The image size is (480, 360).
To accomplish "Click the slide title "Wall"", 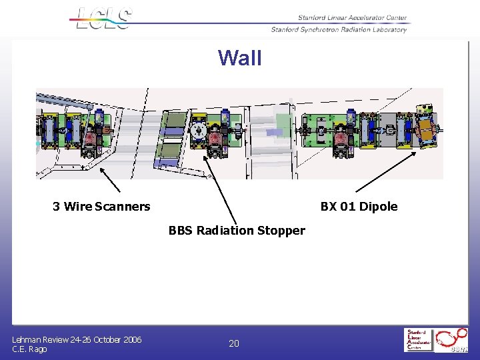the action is tap(240, 58).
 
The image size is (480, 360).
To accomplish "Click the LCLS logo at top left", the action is tap(104, 18).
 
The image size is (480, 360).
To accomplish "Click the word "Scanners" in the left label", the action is tap(123, 207).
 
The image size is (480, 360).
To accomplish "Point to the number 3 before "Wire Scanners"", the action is tap(57, 207).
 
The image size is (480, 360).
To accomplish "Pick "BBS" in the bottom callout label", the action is tap(181, 231).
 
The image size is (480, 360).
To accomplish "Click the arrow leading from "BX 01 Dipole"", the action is tap(385, 172).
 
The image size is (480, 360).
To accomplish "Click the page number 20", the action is tap(234, 343).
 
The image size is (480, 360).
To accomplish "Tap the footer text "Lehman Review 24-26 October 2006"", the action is tap(77, 339).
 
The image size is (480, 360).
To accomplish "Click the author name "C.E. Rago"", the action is tap(29, 349).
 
